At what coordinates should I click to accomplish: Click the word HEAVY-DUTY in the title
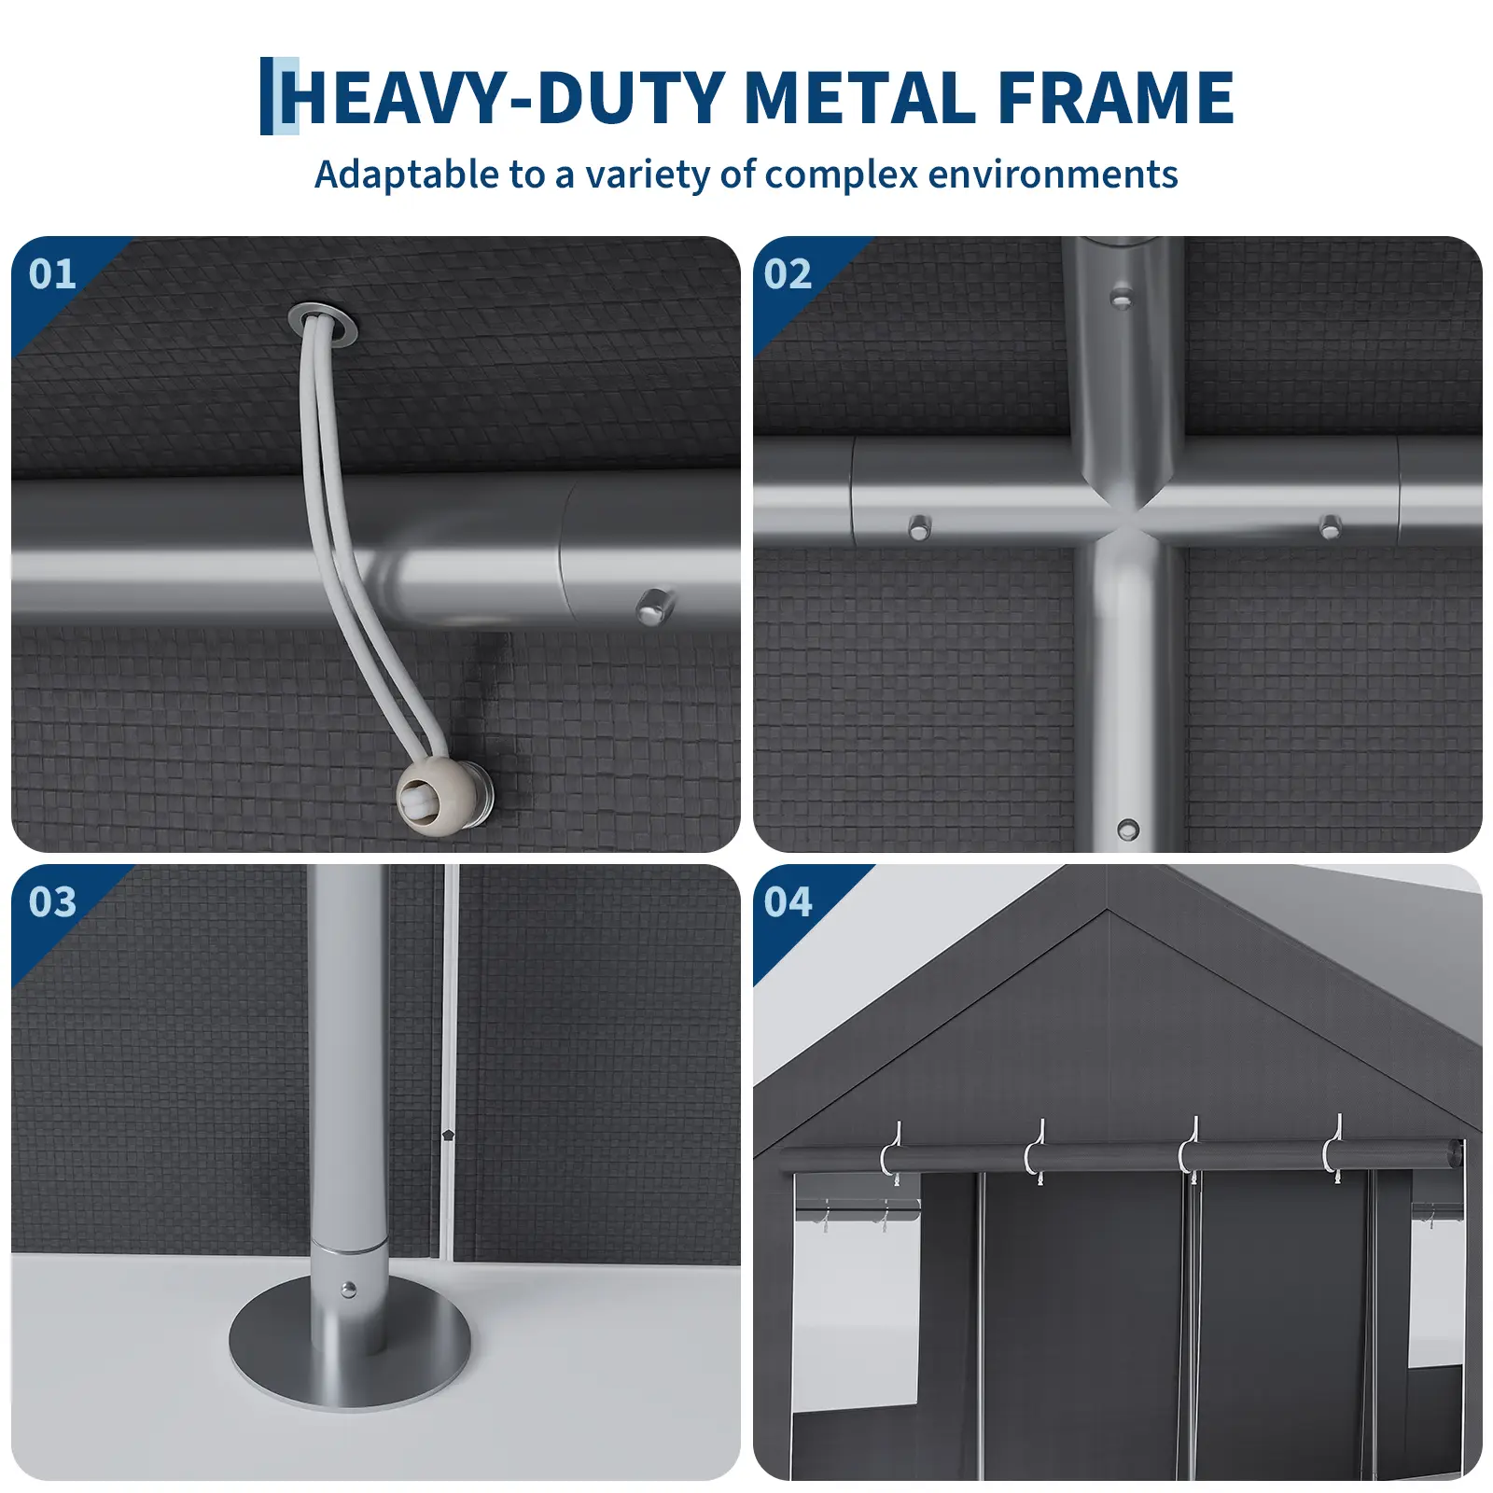click(x=508, y=97)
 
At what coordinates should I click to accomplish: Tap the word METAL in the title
click(x=859, y=97)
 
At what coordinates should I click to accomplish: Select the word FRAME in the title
click(x=1116, y=97)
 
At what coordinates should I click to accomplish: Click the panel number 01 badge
click(x=52, y=274)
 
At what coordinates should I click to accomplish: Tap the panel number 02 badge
click(x=788, y=274)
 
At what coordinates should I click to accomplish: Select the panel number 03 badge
click(x=52, y=902)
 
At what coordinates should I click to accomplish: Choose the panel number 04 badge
click(x=788, y=902)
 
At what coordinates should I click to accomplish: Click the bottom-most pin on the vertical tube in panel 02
click(x=1128, y=829)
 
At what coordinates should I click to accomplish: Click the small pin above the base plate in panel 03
click(x=348, y=1291)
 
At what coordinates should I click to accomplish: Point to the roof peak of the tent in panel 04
click(x=1108, y=910)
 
